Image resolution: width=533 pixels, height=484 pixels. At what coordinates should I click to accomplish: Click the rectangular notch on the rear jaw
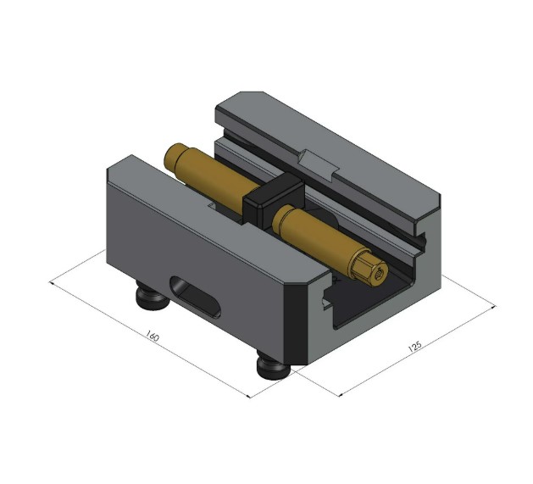pos(319,160)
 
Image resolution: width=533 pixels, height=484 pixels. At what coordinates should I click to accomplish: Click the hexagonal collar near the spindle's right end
pos(359,265)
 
